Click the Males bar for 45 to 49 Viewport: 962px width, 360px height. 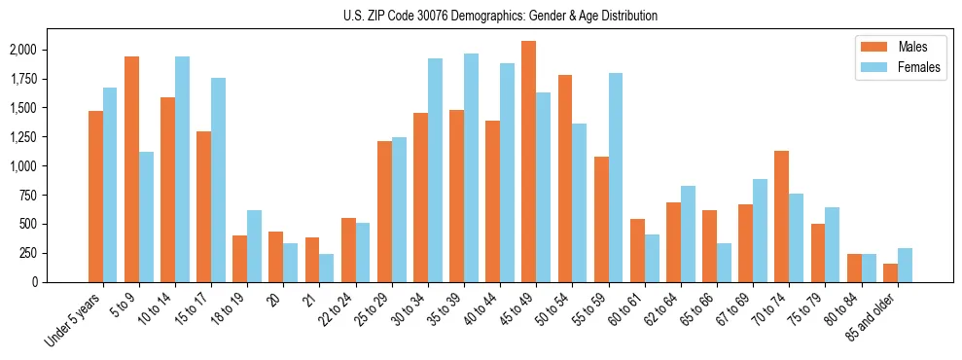pos(528,162)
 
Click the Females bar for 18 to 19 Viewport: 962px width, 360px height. pos(254,246)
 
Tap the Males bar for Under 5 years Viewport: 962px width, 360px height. pos(95,197)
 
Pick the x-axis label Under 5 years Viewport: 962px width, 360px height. pos(75,321)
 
